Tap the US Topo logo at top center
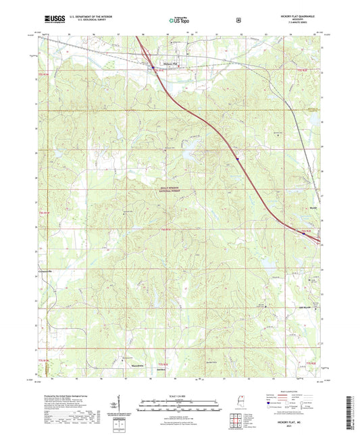(178, 21)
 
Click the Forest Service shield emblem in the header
(237, 20)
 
